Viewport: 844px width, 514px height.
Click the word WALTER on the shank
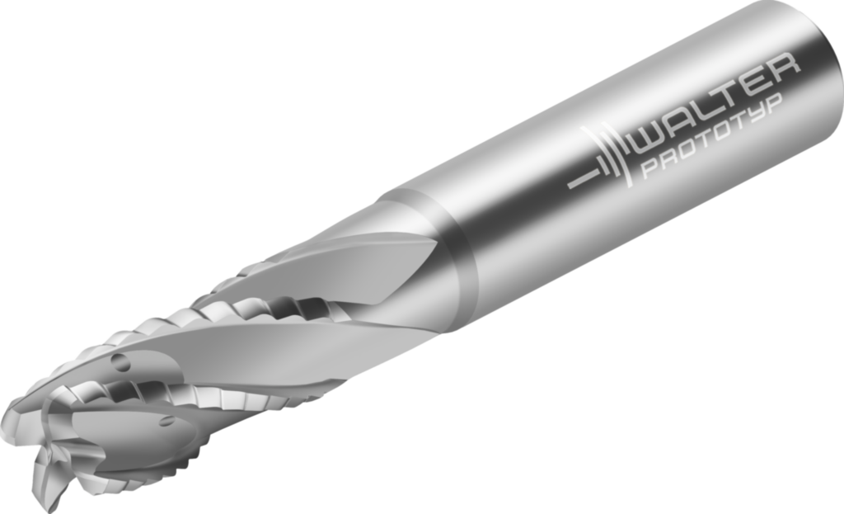[x=713, y=100]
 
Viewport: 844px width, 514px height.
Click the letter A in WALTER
[x=681, y=115]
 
